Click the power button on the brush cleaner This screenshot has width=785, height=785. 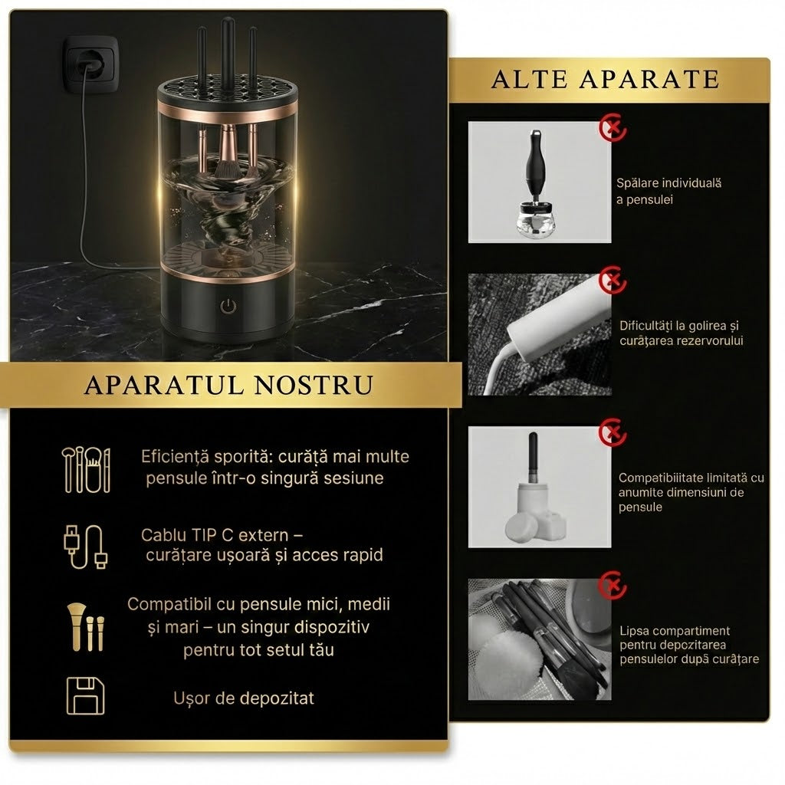click(228, 305)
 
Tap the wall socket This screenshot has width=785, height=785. click(90, 64)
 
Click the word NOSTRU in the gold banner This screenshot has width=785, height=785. click(314, 385)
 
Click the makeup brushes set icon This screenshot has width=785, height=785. click(86, 470)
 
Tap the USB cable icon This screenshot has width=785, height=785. click(86, 547)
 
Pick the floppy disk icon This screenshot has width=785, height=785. click(86, 696)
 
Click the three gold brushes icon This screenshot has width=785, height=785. click(86, 627)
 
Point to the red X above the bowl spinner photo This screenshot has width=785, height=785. click(613, 127)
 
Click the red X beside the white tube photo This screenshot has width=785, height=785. click(613, 281)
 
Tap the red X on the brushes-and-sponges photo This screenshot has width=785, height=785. click(613, 584)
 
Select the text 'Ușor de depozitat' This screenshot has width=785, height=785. click(244, 698)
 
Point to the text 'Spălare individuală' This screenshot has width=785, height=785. click(668, 182)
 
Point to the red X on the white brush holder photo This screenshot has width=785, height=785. click(613, 432)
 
